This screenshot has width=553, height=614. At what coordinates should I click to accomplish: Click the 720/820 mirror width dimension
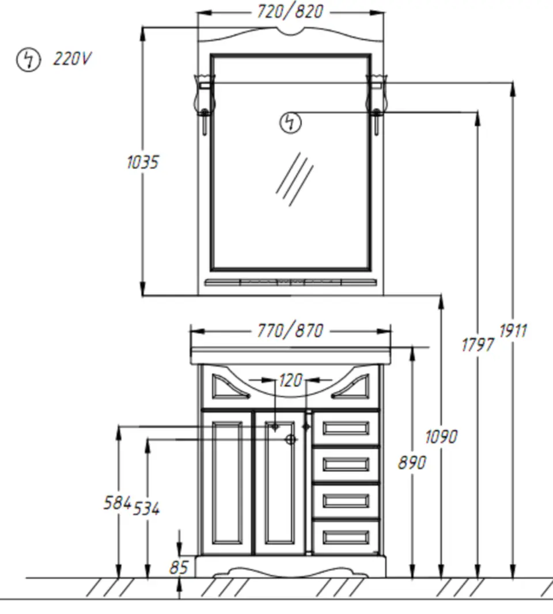pos(290,12)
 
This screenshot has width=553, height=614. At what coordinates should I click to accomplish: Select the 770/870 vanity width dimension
pos(290,330)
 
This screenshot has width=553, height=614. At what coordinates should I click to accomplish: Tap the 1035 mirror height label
pos(143,162)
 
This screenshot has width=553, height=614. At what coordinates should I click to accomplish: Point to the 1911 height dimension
pos(513,331)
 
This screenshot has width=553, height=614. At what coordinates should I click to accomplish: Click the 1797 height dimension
pos(478,345)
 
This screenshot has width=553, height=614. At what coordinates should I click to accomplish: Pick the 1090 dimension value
pos(441,437)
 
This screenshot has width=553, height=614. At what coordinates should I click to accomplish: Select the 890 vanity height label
pos(412,463)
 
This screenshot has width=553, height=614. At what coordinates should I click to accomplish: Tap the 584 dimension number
pos(117,503)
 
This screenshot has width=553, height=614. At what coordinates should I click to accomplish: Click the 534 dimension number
pos(146,509)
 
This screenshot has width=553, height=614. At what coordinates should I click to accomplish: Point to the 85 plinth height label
pos(179,567)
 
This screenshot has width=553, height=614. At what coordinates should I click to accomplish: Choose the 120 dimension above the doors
pos(290,380)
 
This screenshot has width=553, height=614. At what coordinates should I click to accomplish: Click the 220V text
pos(72,59)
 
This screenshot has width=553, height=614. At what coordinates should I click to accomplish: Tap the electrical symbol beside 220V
pos(28,60)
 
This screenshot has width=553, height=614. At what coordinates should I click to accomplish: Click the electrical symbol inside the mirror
pos(290,123)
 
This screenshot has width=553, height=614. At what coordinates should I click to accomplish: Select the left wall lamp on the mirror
pos(204,104)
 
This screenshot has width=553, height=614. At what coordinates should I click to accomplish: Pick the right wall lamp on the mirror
pos(376,104)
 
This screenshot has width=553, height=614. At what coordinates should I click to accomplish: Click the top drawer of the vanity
pos(346,428)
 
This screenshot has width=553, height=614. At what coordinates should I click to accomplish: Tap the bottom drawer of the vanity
pos(346,537)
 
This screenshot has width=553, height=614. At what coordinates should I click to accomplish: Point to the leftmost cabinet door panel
pos(227,483)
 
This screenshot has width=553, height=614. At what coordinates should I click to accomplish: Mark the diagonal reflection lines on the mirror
pos(294,179)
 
